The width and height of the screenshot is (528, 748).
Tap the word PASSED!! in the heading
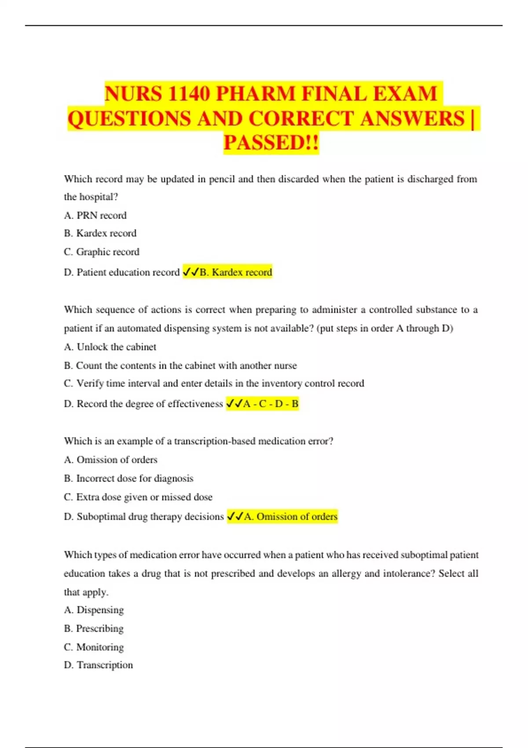point(271,143)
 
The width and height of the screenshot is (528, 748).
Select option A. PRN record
point(95,215)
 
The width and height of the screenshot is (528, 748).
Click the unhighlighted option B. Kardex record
point(100,233)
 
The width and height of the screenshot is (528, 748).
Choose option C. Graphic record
point(101,252)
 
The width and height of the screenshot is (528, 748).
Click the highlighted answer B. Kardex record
point(235,272)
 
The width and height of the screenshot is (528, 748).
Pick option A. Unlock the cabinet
point(110,347)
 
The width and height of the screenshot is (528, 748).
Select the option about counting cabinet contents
point(180,365)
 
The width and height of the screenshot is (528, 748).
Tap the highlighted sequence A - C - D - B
point(270,403)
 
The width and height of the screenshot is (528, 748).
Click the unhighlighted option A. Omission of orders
point(110,459)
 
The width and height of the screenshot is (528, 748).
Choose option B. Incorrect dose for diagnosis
point(128,478)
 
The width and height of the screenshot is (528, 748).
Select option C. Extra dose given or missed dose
point(138,497)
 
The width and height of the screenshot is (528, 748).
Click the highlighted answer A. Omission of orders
point(290,517)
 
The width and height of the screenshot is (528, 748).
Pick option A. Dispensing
point(94,610)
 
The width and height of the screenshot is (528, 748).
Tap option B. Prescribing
point(93,628)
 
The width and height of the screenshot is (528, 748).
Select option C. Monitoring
point(94,647)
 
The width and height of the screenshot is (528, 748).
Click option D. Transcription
point(98,665)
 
